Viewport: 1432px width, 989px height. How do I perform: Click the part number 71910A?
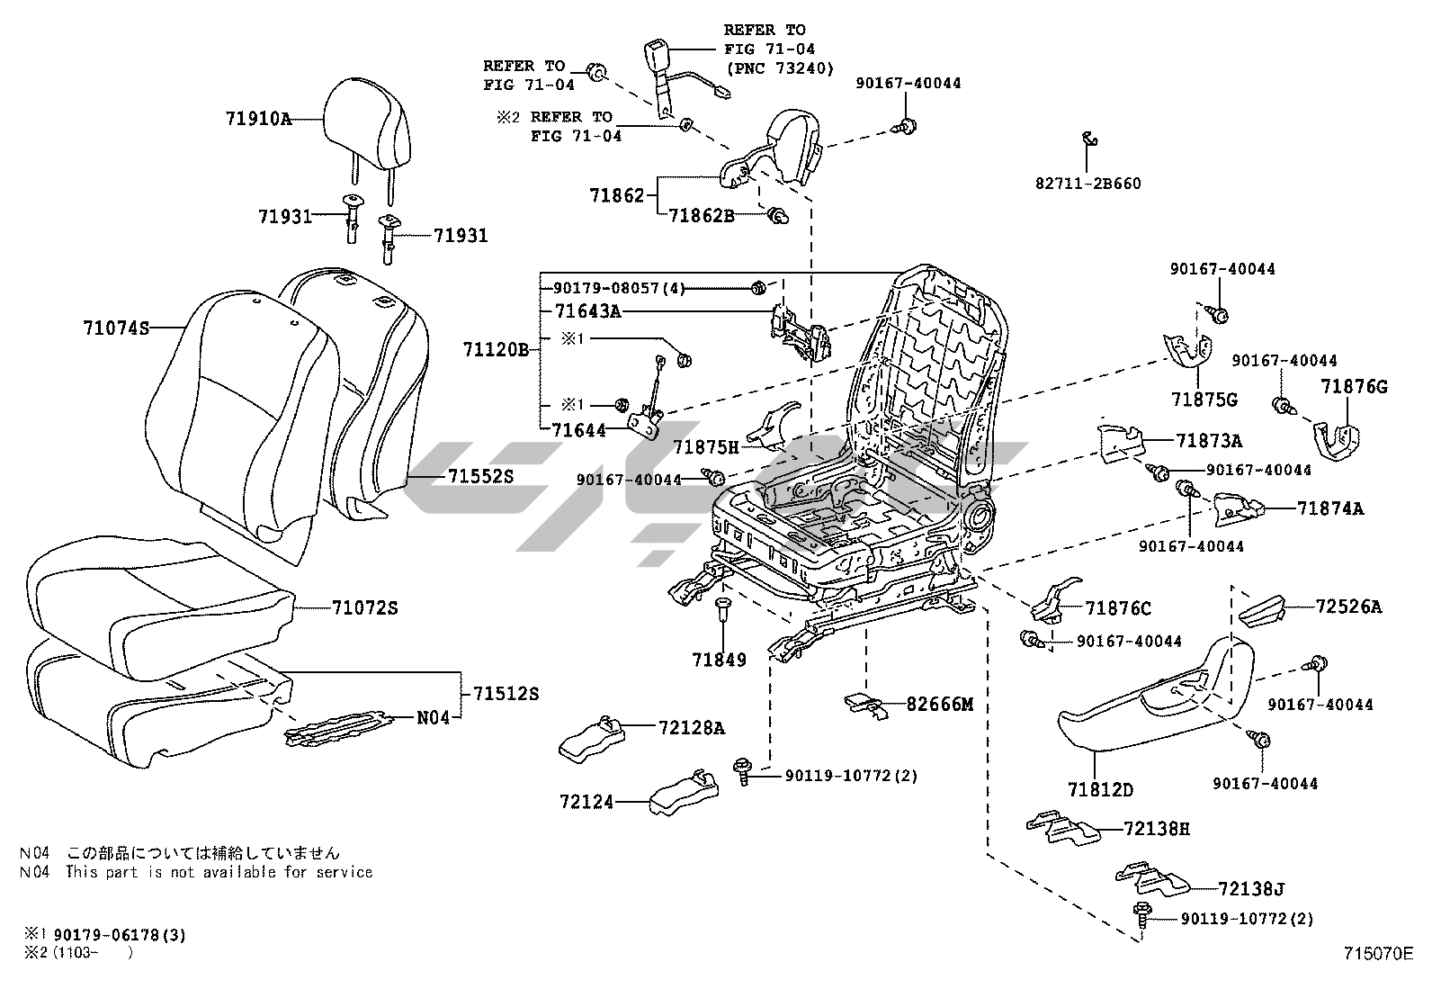(258, 119)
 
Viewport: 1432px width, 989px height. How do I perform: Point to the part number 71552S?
(480, 476)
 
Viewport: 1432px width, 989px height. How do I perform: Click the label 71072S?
(364, 607)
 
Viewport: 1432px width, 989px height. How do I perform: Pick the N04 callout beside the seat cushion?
(433, 718)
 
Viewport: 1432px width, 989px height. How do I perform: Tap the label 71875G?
(1204, 399)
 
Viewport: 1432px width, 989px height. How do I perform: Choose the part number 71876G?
(1354, 387)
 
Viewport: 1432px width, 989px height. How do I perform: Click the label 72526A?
(1347, 607)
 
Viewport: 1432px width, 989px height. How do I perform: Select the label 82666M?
(939, 704)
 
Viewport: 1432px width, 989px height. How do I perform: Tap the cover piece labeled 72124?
(684, 795)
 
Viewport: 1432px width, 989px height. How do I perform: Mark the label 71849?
(719, 660)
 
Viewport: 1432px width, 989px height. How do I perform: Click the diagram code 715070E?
(1378, 953)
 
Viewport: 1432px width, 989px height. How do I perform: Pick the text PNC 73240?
(779, 68)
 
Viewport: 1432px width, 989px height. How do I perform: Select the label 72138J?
(1250, 888)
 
